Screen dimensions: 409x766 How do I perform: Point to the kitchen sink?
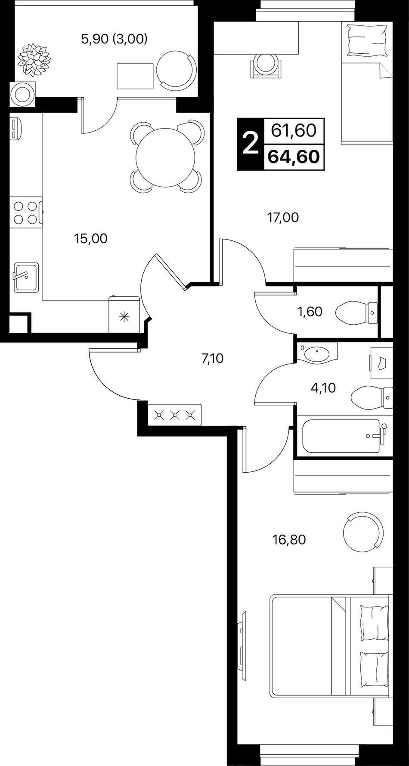coord(25,277)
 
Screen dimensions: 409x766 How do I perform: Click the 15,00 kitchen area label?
coord(90,238)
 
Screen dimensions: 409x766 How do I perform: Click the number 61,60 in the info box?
coord(294,130)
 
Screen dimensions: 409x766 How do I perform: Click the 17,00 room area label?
coord(283,217)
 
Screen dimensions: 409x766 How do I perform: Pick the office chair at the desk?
coord(266,66)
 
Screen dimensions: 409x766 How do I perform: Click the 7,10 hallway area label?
coord(212,358)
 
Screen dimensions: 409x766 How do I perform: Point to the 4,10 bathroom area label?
coord(323,388)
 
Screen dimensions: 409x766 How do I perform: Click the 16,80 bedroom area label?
coord(289,539)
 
